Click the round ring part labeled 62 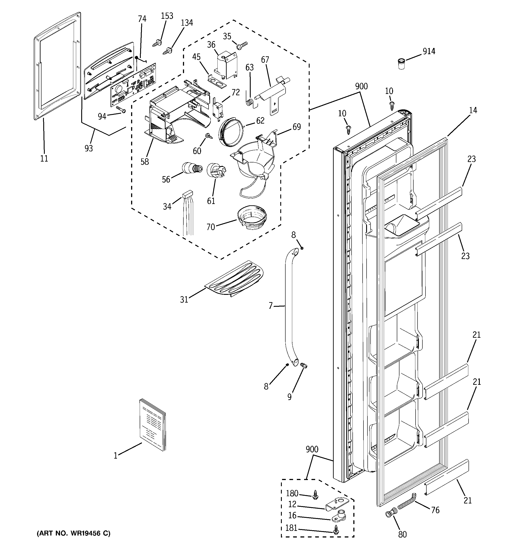pyautogui.click(x=231, y=132)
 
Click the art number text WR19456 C pyautogui.click(x=74, y=534)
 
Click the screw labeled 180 pyautogui.click(x=315, y=495)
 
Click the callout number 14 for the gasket pyautogui.click(x=473, y=110)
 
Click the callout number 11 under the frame pyautogui.click(x=44, y=158)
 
